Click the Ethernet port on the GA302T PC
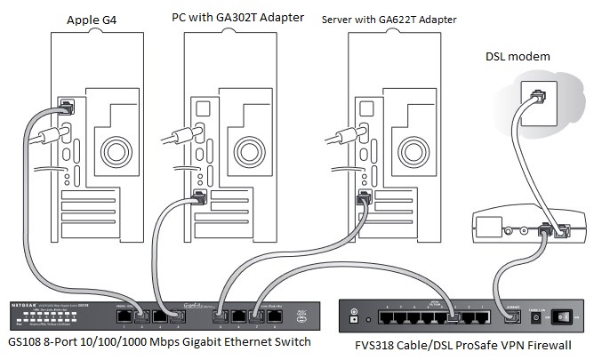[198, 195]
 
